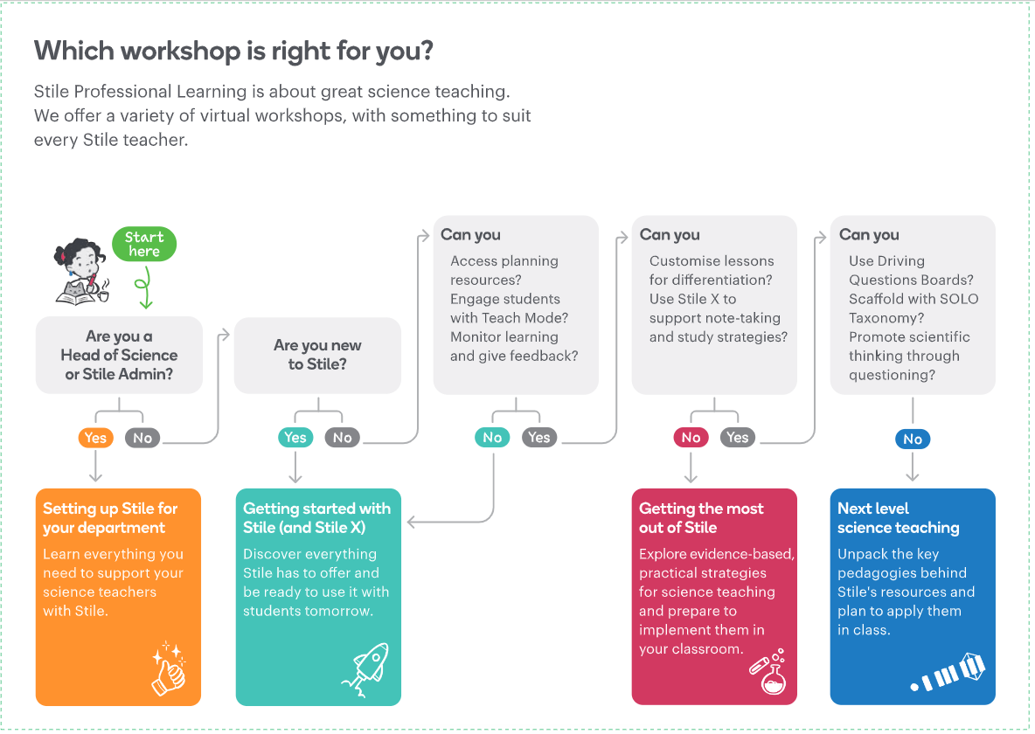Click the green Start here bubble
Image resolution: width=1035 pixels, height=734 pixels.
tap(144, 245)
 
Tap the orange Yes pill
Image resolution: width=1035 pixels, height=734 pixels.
tap(95, 438)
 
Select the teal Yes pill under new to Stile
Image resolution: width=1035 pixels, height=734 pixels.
tap(295, 438)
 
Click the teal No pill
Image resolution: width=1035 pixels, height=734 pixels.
tap(492, 438)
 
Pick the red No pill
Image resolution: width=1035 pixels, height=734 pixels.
tap(691, 438)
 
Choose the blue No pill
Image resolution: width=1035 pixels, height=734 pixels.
tap(913, 440)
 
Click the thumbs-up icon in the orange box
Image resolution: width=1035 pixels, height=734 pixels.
tap(169, 670)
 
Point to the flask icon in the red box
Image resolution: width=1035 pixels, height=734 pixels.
tap(768, 670)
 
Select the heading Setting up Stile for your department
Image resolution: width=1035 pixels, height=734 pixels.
tap(110, 518)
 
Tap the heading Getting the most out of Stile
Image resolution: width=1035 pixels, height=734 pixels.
tap(701, 518)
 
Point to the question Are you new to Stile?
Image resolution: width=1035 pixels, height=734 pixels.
tap(317, 355)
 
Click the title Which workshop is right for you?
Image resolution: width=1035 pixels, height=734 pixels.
tap(233, 51)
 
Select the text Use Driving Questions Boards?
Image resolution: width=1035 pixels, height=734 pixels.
tap(911, 270)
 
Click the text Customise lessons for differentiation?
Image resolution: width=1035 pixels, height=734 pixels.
tap(711, 270)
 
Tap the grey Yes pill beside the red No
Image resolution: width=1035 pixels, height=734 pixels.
tap(738, 438)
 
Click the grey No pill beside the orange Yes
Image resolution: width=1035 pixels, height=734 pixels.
tap(142, 438)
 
